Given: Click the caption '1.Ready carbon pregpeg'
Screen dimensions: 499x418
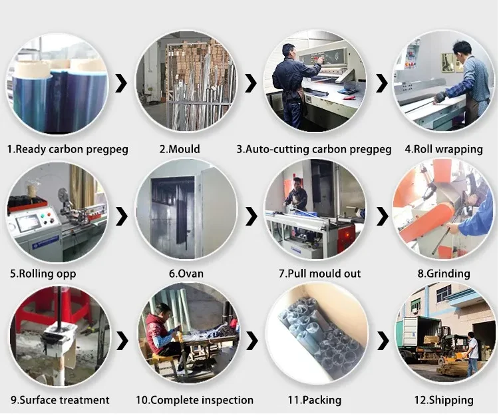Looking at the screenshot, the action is point(67,150).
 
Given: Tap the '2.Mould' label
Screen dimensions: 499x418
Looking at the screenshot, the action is point(179,150).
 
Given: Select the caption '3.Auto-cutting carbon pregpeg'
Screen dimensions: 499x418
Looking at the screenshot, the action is point(314,150).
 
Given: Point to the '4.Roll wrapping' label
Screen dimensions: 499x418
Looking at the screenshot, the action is point(444,150).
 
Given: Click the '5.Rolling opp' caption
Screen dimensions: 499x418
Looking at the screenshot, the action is point(43,274).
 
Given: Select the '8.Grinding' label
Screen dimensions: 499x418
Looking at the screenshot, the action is point(444,274).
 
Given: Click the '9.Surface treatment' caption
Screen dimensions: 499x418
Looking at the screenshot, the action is point(60,400).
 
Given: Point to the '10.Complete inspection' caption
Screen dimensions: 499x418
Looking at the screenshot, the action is point(194,400).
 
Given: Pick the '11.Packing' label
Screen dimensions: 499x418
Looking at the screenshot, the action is point(314,400).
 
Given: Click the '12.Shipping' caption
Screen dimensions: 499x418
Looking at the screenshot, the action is point(443,400).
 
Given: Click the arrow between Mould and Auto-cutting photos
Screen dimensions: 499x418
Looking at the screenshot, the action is point(251,83).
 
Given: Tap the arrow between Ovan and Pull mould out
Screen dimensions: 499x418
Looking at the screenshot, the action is point(251,215).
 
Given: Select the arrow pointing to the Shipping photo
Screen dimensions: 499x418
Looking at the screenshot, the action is point(382,341).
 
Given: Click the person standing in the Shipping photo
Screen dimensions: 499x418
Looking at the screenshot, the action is point(472,353).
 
